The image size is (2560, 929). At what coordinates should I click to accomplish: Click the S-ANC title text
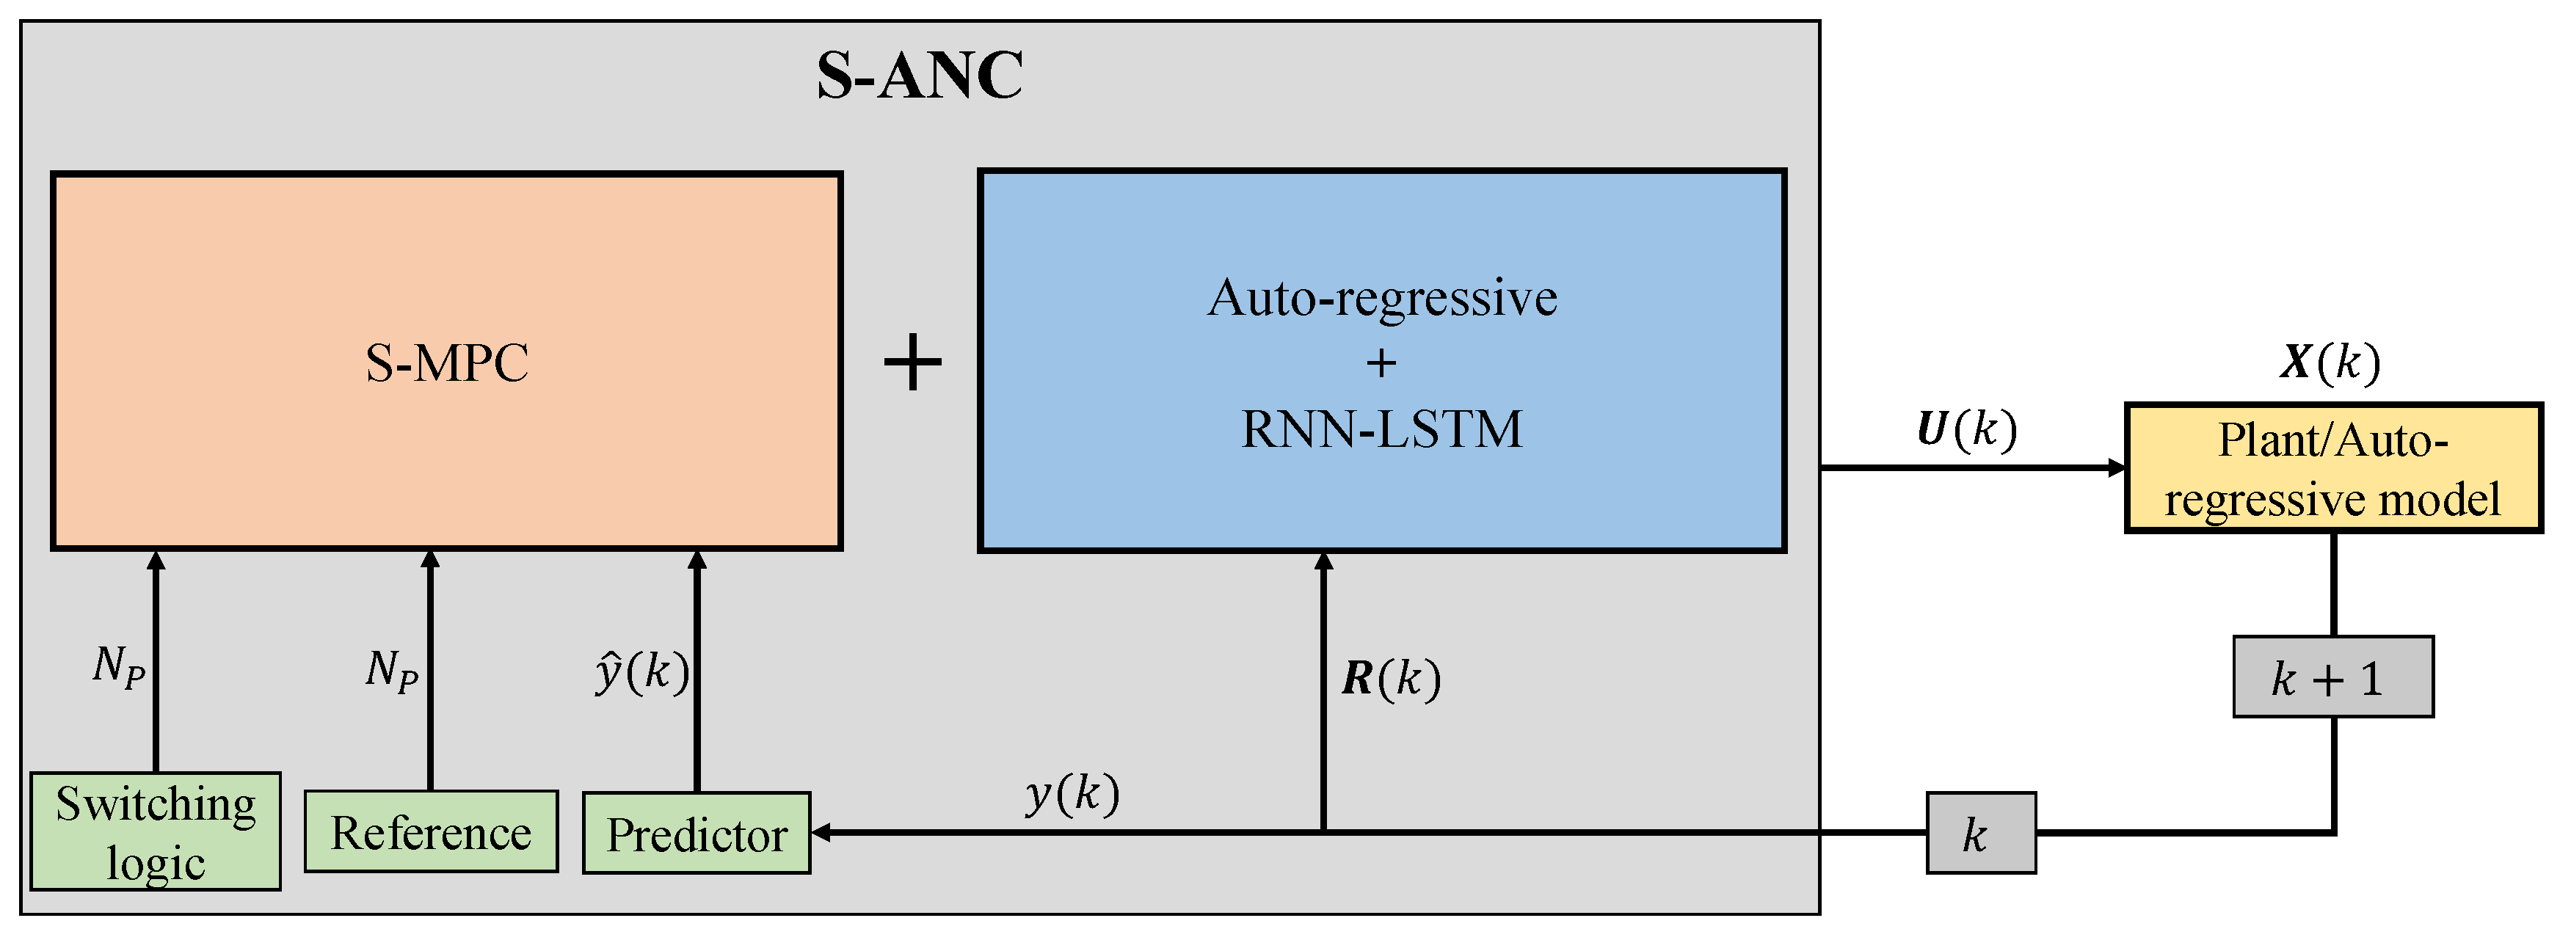919,76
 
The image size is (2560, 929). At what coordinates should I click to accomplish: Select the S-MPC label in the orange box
446,363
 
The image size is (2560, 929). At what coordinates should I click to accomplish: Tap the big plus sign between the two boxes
912,363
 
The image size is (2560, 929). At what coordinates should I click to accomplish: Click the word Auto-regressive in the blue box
1381,298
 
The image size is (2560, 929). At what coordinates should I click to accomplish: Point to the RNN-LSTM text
1381,429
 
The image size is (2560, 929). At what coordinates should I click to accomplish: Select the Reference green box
430,831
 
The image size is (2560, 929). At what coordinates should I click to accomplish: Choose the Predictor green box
697,834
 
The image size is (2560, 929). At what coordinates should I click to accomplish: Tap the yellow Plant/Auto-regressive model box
2332,469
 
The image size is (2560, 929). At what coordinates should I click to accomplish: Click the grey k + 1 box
2332,677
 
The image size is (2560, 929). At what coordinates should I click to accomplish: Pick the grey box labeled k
1981,834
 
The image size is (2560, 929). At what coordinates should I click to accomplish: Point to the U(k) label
1966,429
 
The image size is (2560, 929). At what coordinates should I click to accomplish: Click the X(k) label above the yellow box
2330,362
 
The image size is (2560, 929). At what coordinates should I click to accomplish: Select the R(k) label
1390,679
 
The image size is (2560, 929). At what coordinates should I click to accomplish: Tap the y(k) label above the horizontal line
1072,794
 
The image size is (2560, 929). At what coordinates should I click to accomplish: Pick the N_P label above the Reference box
391,670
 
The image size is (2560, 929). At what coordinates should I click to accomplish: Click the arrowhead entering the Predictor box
821,833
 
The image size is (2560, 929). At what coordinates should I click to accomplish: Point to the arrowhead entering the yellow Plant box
2117,468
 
